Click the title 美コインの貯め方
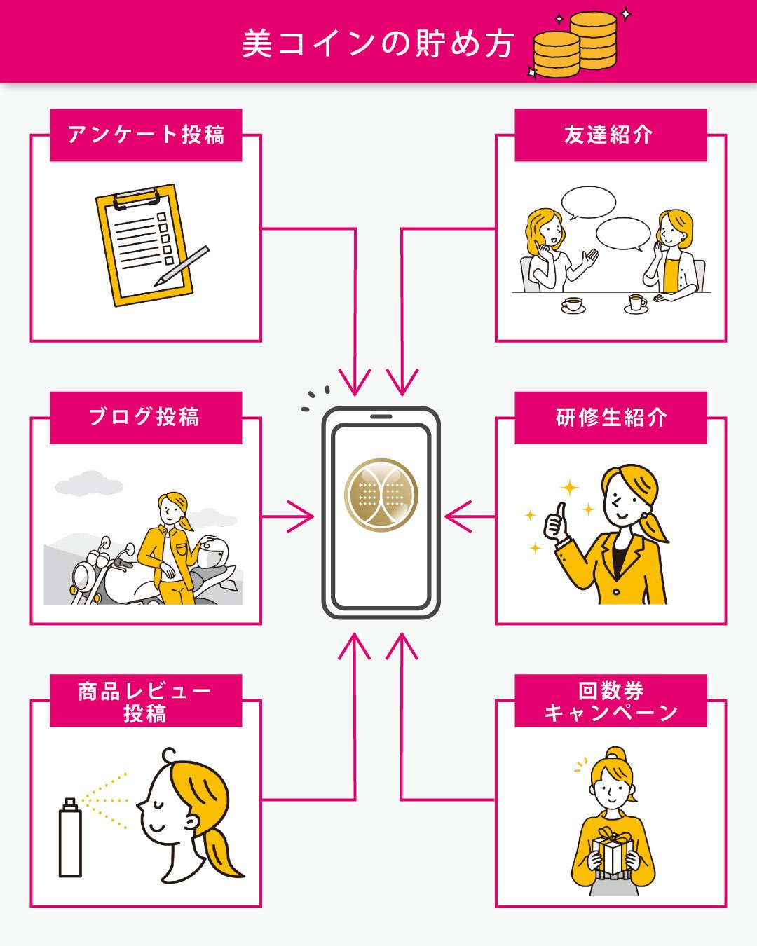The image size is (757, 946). pyautogui.click(x=378, y=43)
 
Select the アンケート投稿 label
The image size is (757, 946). pyautogui.click(x=146, y=135)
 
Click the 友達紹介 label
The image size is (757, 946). pyautogui.click(x=610, y=135)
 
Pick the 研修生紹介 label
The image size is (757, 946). pyautogui.click(x=610, y=418)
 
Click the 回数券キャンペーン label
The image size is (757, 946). pyautogui.click(x=610, y=701)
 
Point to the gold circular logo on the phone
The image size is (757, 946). pyautogui.click(x=381, y=495)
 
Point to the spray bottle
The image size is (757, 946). pyautogui.click(x=70, y=838)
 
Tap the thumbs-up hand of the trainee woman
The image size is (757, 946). pyautogui.click(x=558, y=523)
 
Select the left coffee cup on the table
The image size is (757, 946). pyautogui.click(x=573, y=305)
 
